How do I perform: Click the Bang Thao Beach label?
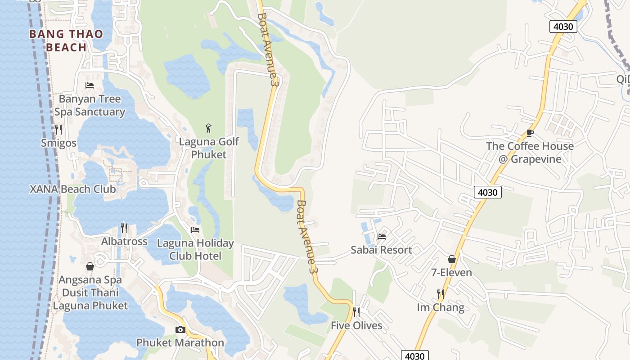coord(66,40)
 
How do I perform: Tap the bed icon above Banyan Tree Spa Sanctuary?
coord(89,85)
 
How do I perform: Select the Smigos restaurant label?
coord(58,143)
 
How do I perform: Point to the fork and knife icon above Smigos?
coord(58,130)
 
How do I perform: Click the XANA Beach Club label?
coord(73,189)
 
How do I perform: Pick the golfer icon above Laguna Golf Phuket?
coord(208,128)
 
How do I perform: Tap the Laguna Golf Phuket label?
coord(209,148)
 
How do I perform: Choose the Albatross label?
coord(124,242)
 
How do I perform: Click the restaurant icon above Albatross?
coord(124,228)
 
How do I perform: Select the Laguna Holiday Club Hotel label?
coord(195,250)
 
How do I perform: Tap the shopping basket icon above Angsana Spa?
coord(90,266)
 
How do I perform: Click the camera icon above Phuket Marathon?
coord(180,329)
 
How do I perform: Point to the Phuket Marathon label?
coord(180,343)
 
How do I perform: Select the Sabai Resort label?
coord(381,250)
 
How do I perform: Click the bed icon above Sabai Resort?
coord(382,236)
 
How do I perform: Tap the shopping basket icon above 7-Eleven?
coord(451,259)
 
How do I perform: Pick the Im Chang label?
coord(441,308)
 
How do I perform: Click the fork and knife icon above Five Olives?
coord(356,312)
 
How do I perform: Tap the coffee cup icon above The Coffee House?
coord(530,133)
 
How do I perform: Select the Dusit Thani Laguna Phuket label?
coord(90,299)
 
